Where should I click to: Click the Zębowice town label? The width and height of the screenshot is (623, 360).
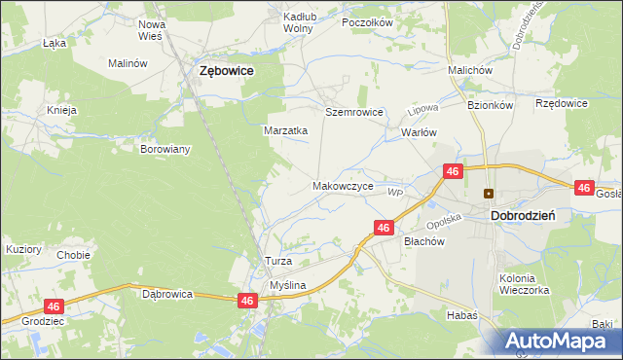226,71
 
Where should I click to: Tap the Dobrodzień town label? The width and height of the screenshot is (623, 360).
523,215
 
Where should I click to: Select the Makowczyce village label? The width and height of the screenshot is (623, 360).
343,185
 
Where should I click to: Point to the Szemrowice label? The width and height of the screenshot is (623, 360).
354,113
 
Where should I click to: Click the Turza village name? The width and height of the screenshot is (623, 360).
278,262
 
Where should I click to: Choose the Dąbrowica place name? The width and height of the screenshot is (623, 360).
167,293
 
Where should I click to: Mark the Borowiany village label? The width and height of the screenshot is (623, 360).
165,150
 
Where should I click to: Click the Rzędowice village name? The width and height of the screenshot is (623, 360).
562,102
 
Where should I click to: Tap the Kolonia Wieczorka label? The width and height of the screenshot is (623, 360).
524,284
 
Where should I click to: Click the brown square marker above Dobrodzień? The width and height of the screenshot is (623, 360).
490,193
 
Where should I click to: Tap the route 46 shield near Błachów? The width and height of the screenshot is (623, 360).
384,228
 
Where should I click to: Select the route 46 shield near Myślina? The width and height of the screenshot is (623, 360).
247,302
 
